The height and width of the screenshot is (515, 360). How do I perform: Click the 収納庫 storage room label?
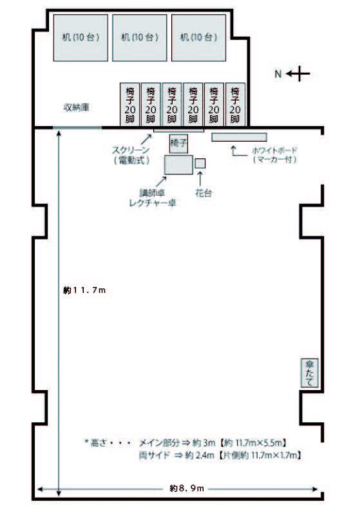pyautogui.click(x=76, y=108)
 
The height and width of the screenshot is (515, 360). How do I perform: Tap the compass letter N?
pyautogui.click(x=278, y=74)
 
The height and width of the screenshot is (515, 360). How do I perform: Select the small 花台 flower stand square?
pyautogui.click(x=200, y=164)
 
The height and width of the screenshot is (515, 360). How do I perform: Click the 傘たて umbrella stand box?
pyautogui.click(x=309, y=373)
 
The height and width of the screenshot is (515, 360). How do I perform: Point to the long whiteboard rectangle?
pyautogui.click(x=239, y=137)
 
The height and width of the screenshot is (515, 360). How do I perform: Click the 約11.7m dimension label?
pyautogui.click(x=84, y=290)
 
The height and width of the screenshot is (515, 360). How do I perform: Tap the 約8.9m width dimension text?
pyautogui.click(x=187, y=489)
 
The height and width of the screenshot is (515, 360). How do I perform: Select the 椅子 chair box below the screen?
pyautogui.click(x=178, y=144)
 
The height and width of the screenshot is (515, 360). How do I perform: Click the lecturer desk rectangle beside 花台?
pyautogui.click(x=178, y=165)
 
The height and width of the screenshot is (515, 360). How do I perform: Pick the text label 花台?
pyautogui.click(x=204, y=193)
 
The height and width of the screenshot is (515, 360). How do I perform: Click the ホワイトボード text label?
pyautogui.click(x=274, y=151)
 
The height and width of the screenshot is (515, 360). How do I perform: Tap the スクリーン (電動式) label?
pyautogui.click(x=131, y=155)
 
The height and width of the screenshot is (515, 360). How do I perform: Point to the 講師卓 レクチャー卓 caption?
pyautogui.click(x=153, y=198)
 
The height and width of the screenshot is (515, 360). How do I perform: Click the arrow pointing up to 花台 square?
pyautogui.click(x=200, y=178)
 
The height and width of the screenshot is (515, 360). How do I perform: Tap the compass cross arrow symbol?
pyautogui.click(x=298, y=74)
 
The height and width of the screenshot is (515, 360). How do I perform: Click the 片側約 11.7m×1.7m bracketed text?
pyautogui.click(x=260, y=456)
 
